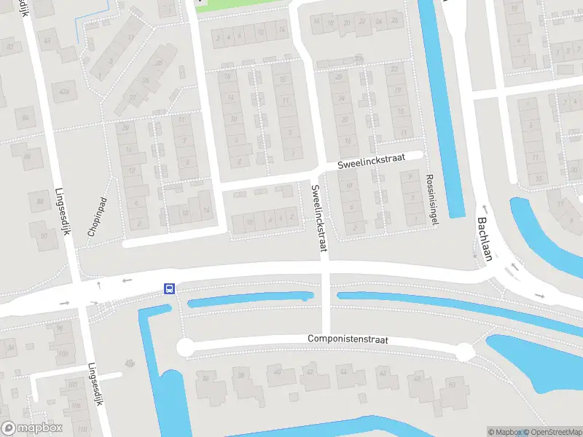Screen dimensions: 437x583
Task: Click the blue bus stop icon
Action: (x=169, y=288)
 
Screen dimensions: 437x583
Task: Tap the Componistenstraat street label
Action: (x=348, y=339)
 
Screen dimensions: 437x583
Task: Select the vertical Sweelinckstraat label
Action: (x=317, y=219)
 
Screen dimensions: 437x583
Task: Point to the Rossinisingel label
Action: (x=431, y=199)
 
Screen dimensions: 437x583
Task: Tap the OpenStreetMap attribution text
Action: (x=549, y=432)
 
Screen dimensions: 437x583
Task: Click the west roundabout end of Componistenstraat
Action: (x=185, y=347)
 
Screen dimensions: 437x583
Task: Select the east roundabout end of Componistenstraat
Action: (x=465, y=353)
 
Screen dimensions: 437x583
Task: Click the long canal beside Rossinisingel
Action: (x=442, y=109)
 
